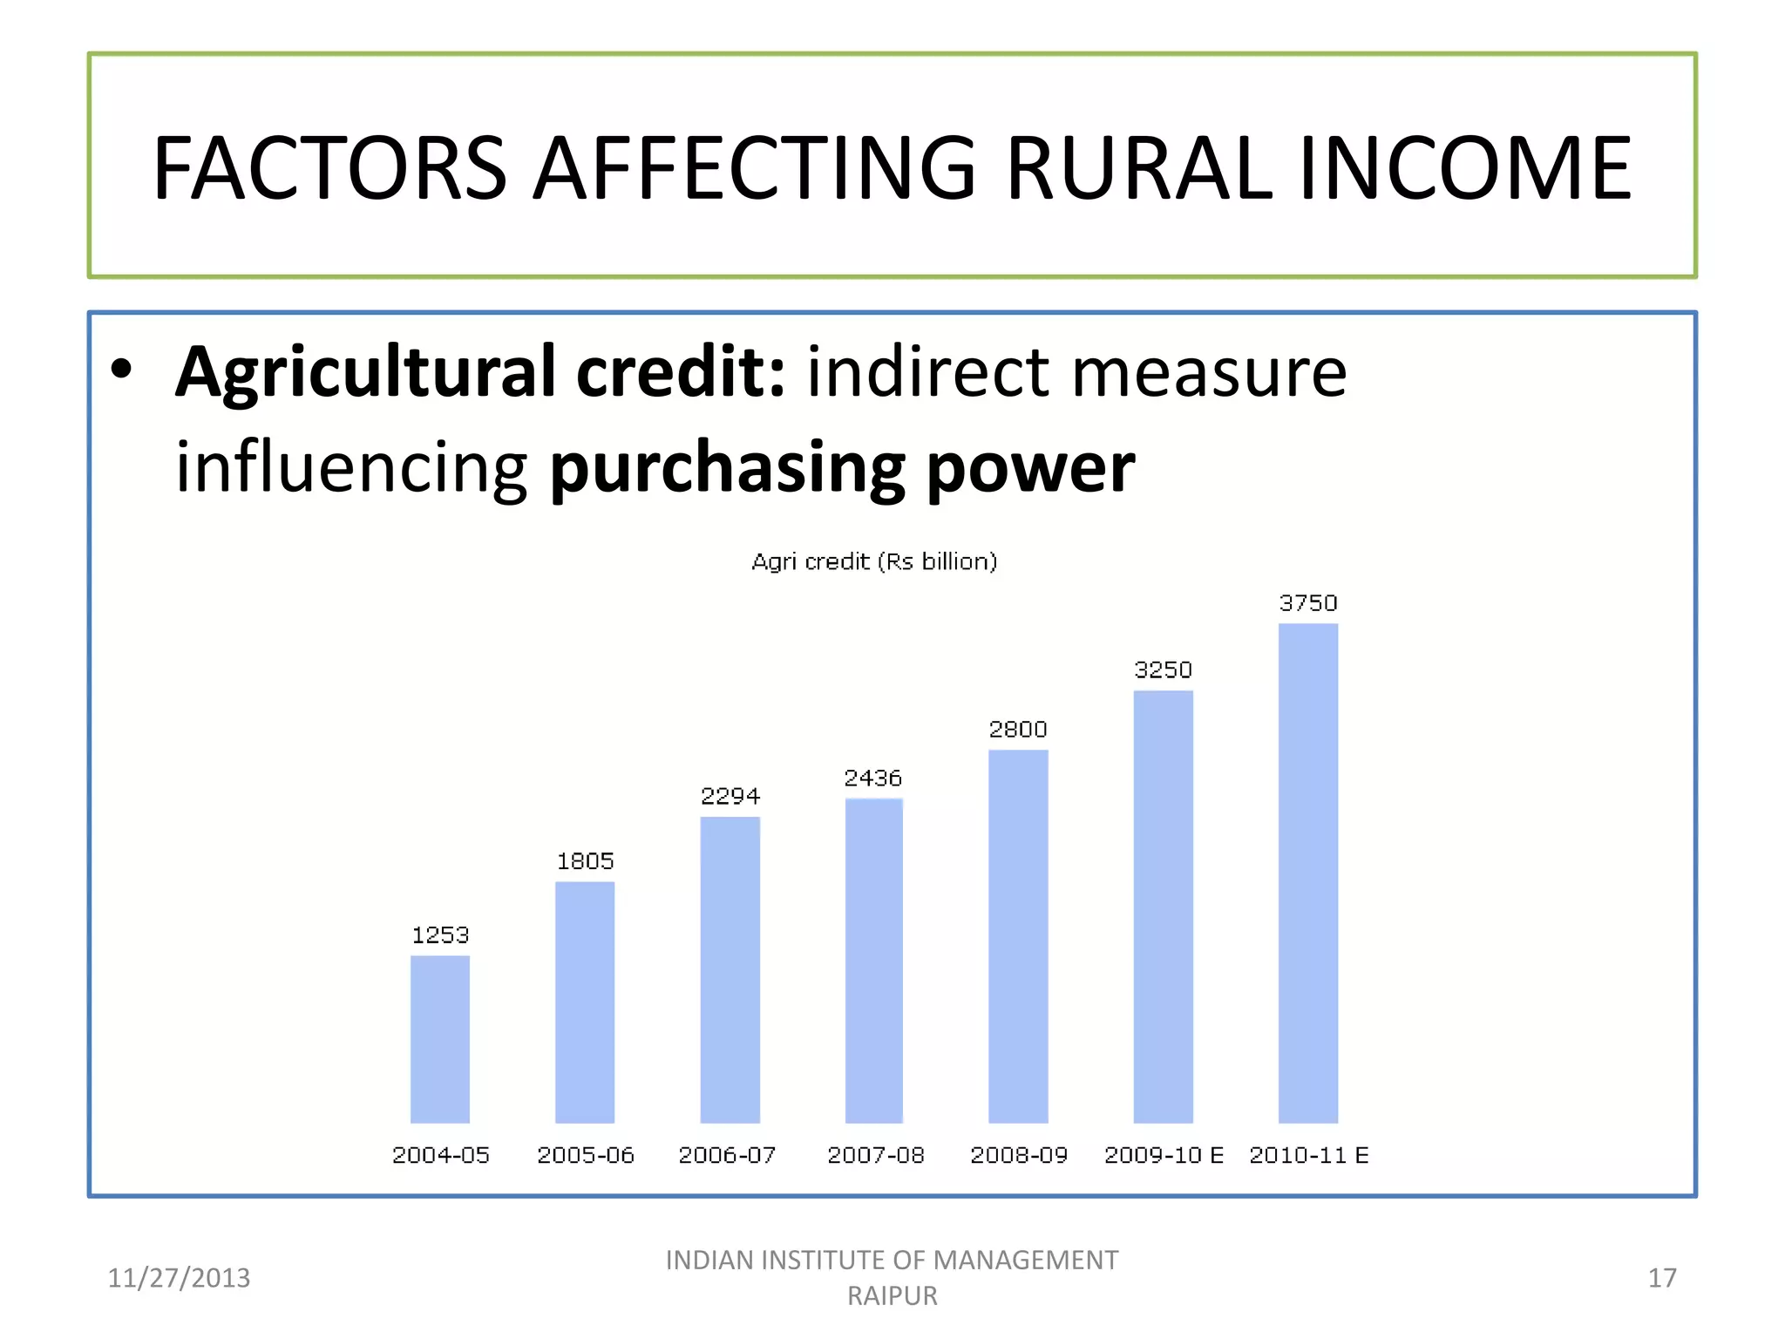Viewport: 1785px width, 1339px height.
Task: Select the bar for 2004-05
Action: tap(439, 1039)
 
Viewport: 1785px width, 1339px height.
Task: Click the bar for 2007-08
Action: tap(873, 961)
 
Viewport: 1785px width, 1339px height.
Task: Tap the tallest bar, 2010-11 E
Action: tap(1307, 873)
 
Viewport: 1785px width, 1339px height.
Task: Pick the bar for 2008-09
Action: tap(1018, 936)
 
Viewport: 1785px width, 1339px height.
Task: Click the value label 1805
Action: tap(585, 861)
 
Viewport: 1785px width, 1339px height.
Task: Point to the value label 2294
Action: tap(730, 796)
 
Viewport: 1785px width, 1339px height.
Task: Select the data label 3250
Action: tap(1163, 669)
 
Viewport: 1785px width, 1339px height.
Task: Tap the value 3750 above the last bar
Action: tap(1307, 603)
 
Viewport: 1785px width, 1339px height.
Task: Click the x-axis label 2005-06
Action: tap(585, 1155)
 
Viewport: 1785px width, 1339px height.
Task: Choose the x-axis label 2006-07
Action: tap(727, 1155)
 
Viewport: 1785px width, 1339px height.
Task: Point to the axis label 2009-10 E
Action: tap(1164, 1155)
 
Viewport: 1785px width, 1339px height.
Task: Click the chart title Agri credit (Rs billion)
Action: tap(873, 561)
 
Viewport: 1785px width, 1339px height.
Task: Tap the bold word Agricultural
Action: tap(364, 373)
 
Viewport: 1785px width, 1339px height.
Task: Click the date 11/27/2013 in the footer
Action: tap(179, 1278)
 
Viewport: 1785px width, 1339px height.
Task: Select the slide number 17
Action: tap(1661, 1278)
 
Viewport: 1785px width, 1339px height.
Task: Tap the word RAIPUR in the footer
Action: tap(892, 1296)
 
